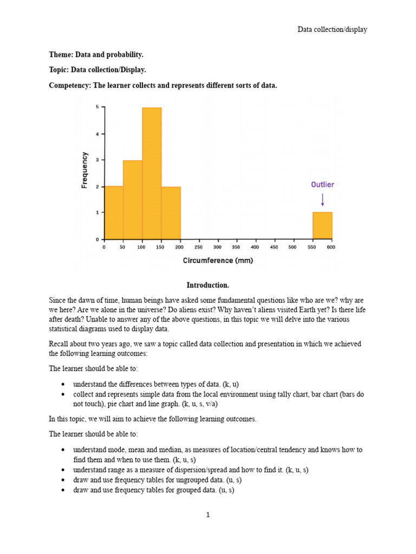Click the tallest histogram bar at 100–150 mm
click(x=152, y=173)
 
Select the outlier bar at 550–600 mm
click(x=322, y=226)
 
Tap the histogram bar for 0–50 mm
click(x=114, y=213)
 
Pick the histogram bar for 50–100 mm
click(x=133, y=200)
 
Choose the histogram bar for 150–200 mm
click(x=171, y=213)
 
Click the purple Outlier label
click(x=322, y=184)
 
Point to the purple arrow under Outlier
click(x=323, y=200)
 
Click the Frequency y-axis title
click(x=84, y=170)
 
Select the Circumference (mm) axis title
click(x=218, y=261)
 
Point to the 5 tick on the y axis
click(x=97, y=107)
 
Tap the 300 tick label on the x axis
click(x=217, y=247)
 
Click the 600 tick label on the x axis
click(x=331, y=247)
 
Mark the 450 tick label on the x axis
click(x=274, y=247)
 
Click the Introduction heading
click(x=208, y=285)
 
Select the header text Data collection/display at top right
click(x=332, y=29)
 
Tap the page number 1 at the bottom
click(x=208, y=515)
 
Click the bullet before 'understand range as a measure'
click(x=63, y=470)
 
